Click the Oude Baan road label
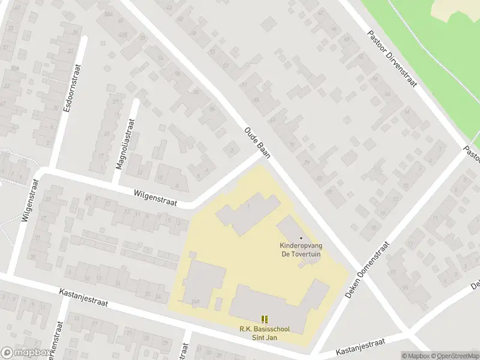pyautogui.click(x=257, y=143)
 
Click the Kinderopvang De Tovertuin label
pyautogui.click(x=301, y=250)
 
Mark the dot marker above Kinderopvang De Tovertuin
pyautogui.click(x=301, y=238)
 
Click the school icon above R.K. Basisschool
pyautogui.click(x=263, y=319)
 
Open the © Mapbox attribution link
pyautogui.click(x=416, y=356)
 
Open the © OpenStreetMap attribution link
pyautogui.click(x=454, y=356)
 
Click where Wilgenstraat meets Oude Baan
pyautogui.click(x=263, y=157)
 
